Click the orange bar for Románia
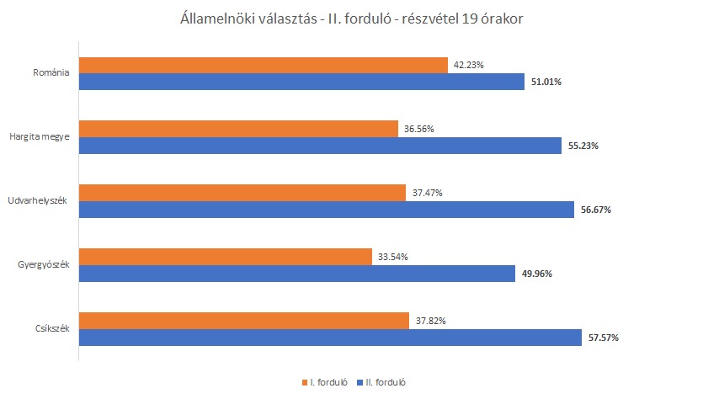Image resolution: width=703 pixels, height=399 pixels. (x=263, y=65)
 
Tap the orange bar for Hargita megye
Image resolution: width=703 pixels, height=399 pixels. (x=238, y=129)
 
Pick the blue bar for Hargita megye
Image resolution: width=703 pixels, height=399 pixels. (x=320, y=146)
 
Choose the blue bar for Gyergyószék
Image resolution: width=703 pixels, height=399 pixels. (x=296, y=273)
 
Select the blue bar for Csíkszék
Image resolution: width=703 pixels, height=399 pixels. (x=330, y=337)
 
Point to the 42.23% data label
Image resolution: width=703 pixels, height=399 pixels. (x=468, y=65)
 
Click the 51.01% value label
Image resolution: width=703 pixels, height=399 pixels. (x=546, y=82)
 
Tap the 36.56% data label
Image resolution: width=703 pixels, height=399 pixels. (x=418, y=129)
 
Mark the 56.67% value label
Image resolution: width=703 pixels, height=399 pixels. (x=594, y=210)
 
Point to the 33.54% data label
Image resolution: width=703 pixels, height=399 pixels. (x=392, y=257)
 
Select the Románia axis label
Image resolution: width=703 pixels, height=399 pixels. (x=50, y=73)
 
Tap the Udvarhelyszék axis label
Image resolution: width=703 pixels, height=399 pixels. (x=38, y=201)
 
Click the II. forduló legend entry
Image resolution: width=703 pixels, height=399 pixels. (x=386, y=382)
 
